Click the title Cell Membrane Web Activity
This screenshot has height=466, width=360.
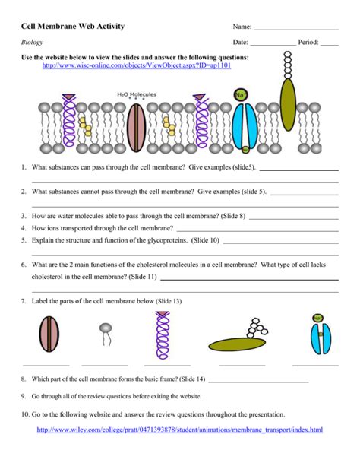(x=73, y=26)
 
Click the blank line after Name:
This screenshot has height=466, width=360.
(x=296, y=30)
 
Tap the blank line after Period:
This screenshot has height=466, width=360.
(x=330, y=45)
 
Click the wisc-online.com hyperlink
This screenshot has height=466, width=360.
(x=137, y=65)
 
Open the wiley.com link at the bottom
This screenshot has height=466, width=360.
(x=180, y=430)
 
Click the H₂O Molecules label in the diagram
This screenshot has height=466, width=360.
(x=137, y=94)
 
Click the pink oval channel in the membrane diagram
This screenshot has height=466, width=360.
(x=137, y=128)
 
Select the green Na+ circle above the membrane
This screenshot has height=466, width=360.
(x=240, y=95)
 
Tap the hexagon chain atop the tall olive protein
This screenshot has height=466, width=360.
(x=288, y=65)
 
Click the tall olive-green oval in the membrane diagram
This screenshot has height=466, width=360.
(x=288, y=105)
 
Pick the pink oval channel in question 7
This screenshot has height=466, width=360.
(x=49, y=334)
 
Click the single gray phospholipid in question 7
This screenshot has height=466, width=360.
(x=106, y=334)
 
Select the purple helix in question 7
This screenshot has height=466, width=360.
(x=163, y=335)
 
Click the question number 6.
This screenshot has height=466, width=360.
(x=24, y=265)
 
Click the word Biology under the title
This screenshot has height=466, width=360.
(x=32, y=43)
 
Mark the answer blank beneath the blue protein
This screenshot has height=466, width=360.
(x=315, y=365)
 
